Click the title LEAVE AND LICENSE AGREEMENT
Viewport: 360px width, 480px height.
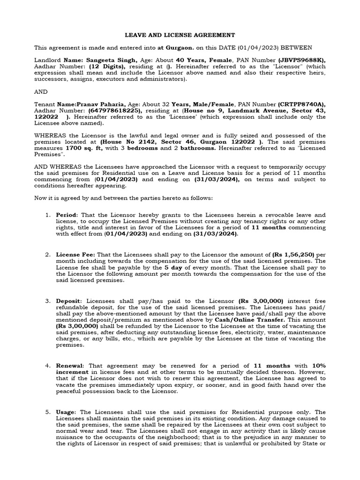tap(180, 35)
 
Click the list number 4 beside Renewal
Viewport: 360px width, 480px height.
tap(47, 365)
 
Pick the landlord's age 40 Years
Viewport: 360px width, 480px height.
tap(190, 60)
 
